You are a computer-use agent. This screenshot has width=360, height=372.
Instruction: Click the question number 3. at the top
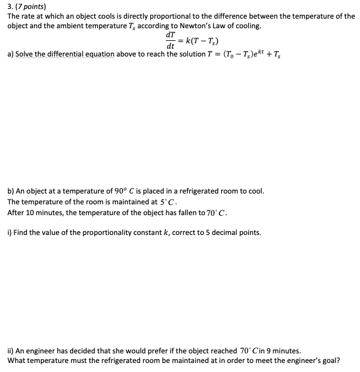point(10,6)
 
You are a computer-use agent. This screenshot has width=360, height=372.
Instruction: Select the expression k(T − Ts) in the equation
point(195,40)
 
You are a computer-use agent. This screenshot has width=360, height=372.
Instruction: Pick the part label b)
point(11,191)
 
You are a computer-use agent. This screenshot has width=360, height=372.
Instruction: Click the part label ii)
point(11,350)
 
